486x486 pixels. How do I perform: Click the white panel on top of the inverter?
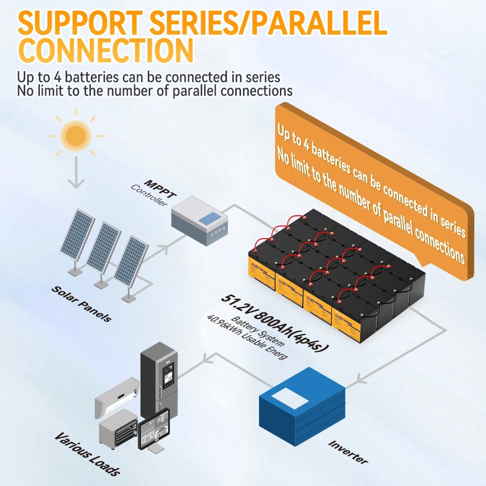pos(291,398)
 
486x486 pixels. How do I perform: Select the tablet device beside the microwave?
pos(154,429)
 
